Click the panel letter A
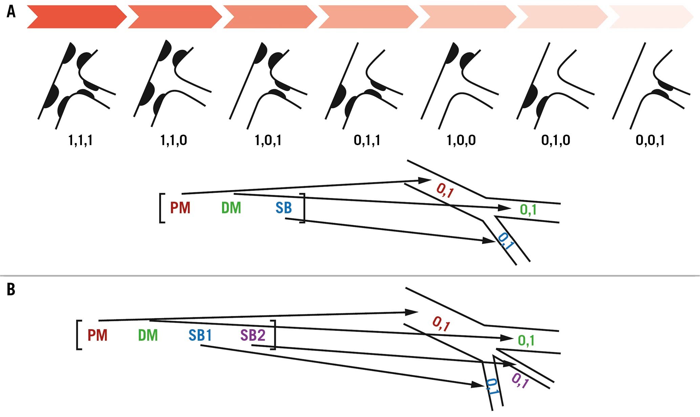click(11, 13)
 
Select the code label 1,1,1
click(81, 140)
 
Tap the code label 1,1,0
click(174, 140)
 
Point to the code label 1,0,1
click(268, 140)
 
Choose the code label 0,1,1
click(367, 140)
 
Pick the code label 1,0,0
click(461, 140)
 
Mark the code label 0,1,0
click(555, 140)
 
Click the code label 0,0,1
click(650, 140)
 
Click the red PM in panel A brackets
click(180, 208)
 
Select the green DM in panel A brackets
click(231, 208)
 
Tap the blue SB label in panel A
click(284, 208)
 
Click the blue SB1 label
click(200, 335)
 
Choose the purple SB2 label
click(253, 335)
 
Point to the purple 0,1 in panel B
click(520, 380)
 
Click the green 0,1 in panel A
click(528, 210)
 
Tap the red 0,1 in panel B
click(441, 323)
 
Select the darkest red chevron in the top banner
click(76, 17)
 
